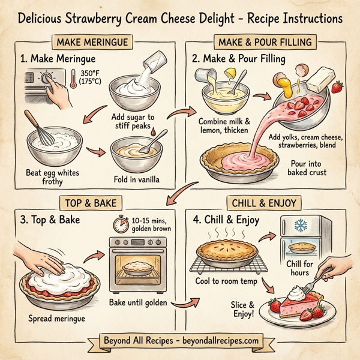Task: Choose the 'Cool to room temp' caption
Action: point(227,281)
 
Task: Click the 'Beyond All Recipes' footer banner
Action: point(180,341)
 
